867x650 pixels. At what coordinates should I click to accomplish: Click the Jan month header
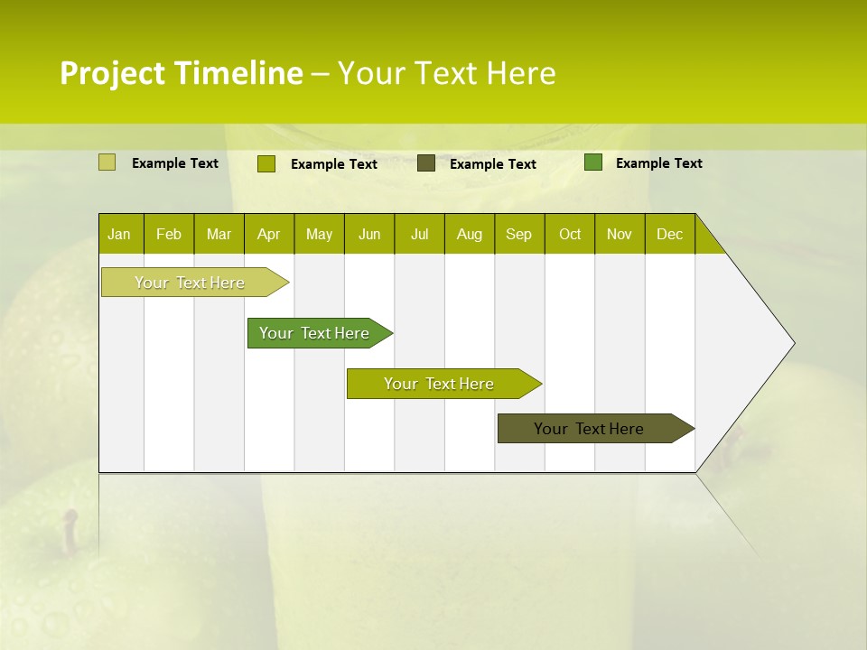tap(119, 234)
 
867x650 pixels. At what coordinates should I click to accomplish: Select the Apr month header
tap(268, 234)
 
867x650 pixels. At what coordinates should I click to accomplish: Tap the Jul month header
tap(419, 234)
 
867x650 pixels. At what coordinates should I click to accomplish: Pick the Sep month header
tap(518, 234)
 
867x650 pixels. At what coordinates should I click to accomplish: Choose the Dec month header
tap(669, 234)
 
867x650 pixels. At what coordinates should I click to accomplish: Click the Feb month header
tap(169, 234)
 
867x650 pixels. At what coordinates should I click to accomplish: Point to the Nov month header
tap(620, 234)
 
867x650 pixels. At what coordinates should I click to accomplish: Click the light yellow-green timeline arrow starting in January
tap(190, 283)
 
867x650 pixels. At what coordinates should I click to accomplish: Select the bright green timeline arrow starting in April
tap(314, 333)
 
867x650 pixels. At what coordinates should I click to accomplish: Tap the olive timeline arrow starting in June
tap(439, 384)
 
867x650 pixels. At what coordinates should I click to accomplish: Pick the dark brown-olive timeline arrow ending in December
tap(589, 429)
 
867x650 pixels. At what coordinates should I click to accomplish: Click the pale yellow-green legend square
tap(107, 162)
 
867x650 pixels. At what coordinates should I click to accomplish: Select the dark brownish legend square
tap(426, 163)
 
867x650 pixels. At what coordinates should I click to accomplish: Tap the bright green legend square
tap(592, 162)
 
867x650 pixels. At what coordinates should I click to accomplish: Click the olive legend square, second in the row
tap(266, 163)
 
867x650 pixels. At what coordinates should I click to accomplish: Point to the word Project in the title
tap(112, 73)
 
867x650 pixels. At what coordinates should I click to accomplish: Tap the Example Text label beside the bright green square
tap(658, 162)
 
